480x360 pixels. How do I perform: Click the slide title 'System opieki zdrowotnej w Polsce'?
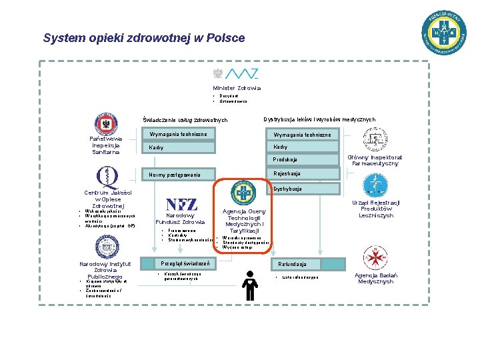(x=144, y=38)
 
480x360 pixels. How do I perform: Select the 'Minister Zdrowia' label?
(x=237, y=87)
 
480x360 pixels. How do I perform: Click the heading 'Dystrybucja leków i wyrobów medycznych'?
(x=319, y=119)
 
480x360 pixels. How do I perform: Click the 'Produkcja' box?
(x=303, y=160)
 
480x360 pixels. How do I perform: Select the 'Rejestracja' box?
(x=303, y=173)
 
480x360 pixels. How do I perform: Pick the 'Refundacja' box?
(x=303, y=264)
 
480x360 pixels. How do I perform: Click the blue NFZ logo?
(x=181, y=204)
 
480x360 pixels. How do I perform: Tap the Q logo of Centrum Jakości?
(x=106, y=177)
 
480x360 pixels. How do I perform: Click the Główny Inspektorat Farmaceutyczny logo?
(x=375, y=139)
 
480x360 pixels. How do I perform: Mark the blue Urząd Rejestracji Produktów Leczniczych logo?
(x=373, y=185)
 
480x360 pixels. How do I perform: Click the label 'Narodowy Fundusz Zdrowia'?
(x=180, y=219)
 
